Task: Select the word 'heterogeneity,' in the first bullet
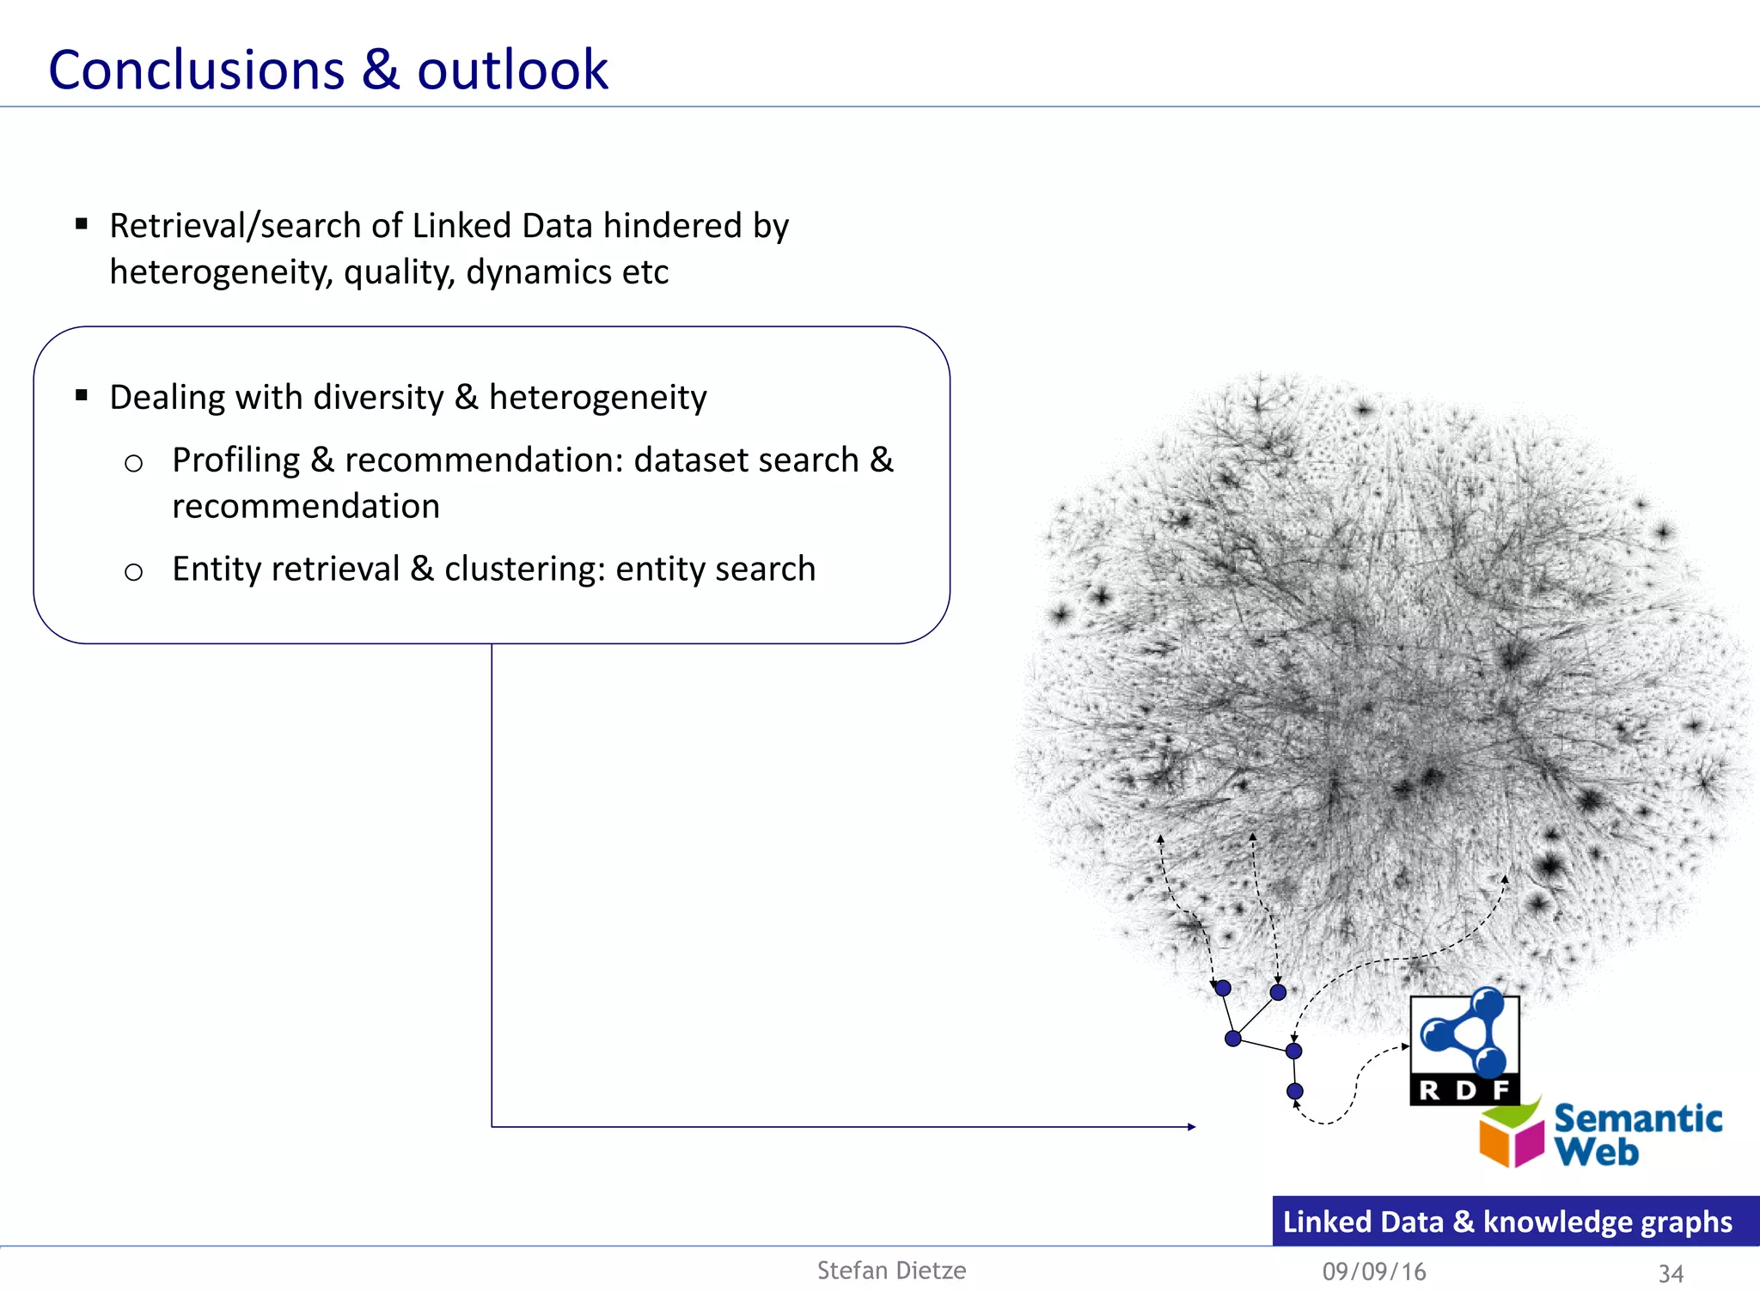pos(221,272)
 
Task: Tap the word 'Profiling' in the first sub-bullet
pos(235,460)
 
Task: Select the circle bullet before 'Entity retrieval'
pos(133,572)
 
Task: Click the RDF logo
pos(1464,1049)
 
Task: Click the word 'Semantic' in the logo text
pos(1638,1118)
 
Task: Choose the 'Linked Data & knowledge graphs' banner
pos(1514,1221)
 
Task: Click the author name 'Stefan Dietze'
pos(891,1271)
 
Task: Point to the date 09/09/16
pos(1374,1271)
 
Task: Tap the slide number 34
pos(1670,1273)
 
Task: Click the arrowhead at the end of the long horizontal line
pos(1191,1126)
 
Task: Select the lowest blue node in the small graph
pos(1295,1091)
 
